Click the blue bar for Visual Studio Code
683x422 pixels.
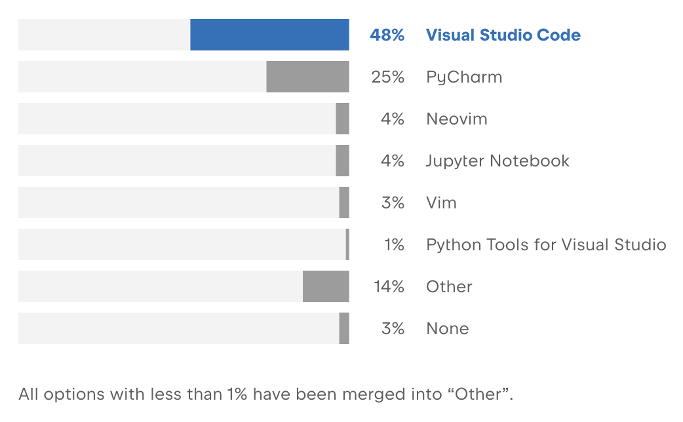269,35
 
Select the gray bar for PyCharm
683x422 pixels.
307,77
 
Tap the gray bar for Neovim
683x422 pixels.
342,119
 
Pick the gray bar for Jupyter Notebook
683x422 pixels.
342,161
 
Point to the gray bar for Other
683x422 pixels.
326,286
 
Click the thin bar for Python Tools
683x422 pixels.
347,244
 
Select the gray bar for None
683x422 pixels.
344,328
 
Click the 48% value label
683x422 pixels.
387,35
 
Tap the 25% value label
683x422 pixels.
387,77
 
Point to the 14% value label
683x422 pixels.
389,287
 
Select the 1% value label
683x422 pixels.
394,245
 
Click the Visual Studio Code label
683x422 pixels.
503,35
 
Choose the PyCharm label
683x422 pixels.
464,77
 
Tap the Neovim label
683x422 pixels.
456,119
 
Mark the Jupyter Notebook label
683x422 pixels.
498,161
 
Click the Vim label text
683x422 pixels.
441,203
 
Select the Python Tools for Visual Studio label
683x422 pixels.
546,245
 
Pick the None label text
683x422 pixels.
447,329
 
